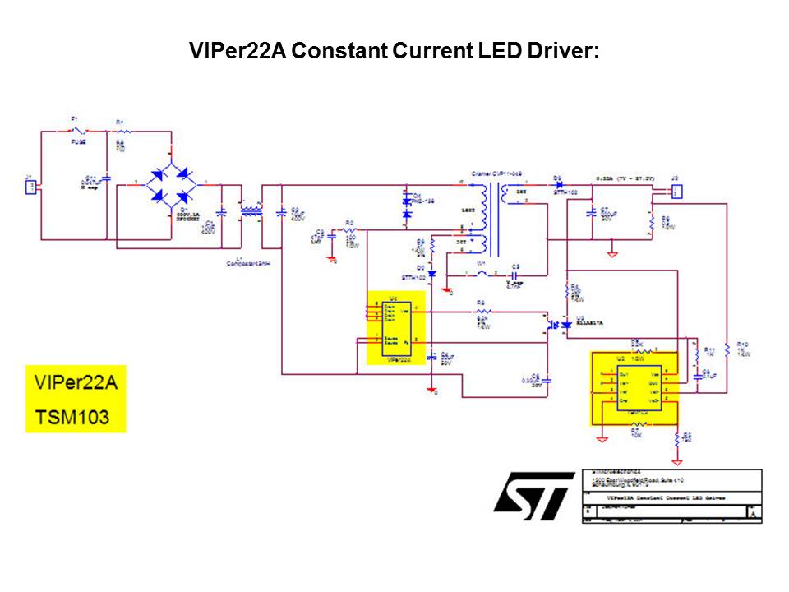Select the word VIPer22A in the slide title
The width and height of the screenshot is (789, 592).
point(236,51)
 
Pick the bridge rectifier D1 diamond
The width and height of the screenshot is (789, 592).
point(170,184)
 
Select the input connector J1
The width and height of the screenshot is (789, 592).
point(30,186)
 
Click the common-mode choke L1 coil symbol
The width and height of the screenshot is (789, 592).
point(250,212)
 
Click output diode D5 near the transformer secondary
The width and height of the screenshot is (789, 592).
point(559,185)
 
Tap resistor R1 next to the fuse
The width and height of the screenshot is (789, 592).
point(121,131)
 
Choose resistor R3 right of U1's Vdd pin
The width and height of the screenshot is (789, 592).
point(483,312)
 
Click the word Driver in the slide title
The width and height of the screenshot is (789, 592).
point(559,51)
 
